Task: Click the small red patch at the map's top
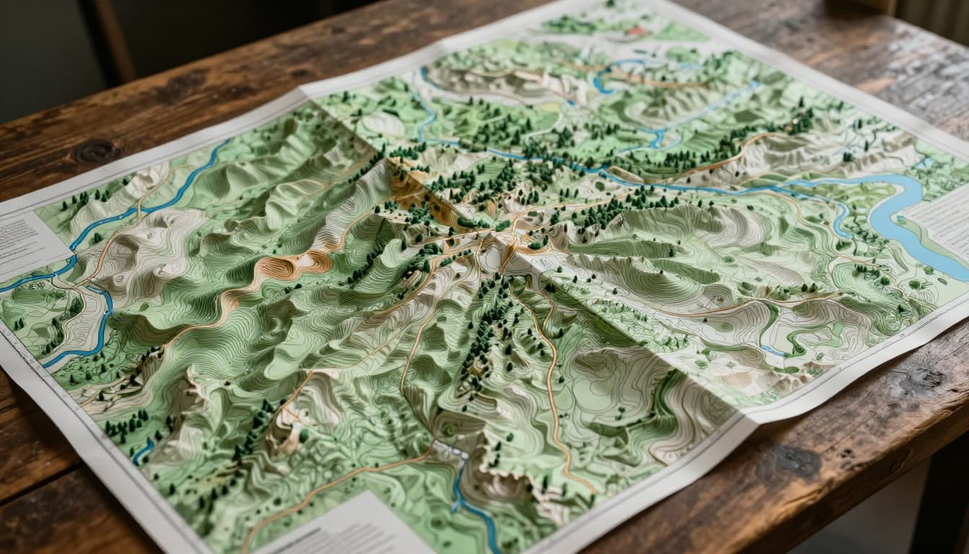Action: click(637, 32)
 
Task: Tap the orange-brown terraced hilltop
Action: click(288, 268)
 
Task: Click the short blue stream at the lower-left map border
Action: click(143, 451)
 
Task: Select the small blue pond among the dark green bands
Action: click(773, 351)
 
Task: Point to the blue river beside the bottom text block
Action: click(469, 498)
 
